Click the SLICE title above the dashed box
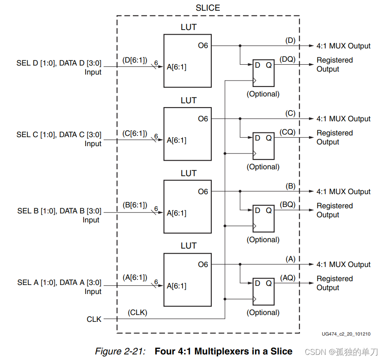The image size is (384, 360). click(x=208, y=8)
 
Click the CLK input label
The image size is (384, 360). click(x=94, y=319)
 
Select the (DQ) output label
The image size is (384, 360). click(x=288, y=59)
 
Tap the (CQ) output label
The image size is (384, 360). click(x=288, y=132)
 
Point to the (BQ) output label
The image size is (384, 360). click(x=288, y=205)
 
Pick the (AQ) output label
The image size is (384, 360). click(x=288, y=278)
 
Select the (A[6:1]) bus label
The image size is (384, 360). click(x=135, y=277)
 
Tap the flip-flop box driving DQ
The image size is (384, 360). click(x=263, y=72)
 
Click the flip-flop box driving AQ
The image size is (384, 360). click(x=263, y=291)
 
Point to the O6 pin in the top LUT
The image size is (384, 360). click(x=203, y=45)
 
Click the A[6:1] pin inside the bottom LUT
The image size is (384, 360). click(x=177, y=285)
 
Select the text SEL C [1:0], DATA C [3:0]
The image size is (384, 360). click(x=59, y=135)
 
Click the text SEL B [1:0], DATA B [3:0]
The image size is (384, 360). click(x=59, y=211)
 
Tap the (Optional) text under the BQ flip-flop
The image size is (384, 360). click(x=263, y=240)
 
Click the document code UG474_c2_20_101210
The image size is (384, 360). click(x=346, y=334)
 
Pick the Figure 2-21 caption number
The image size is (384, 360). click(x=120, y=351)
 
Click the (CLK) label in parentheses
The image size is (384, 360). click(x=137, y=312)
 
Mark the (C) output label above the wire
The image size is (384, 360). click(x=290, y=113)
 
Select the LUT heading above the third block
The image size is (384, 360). click(x=189, y=173)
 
